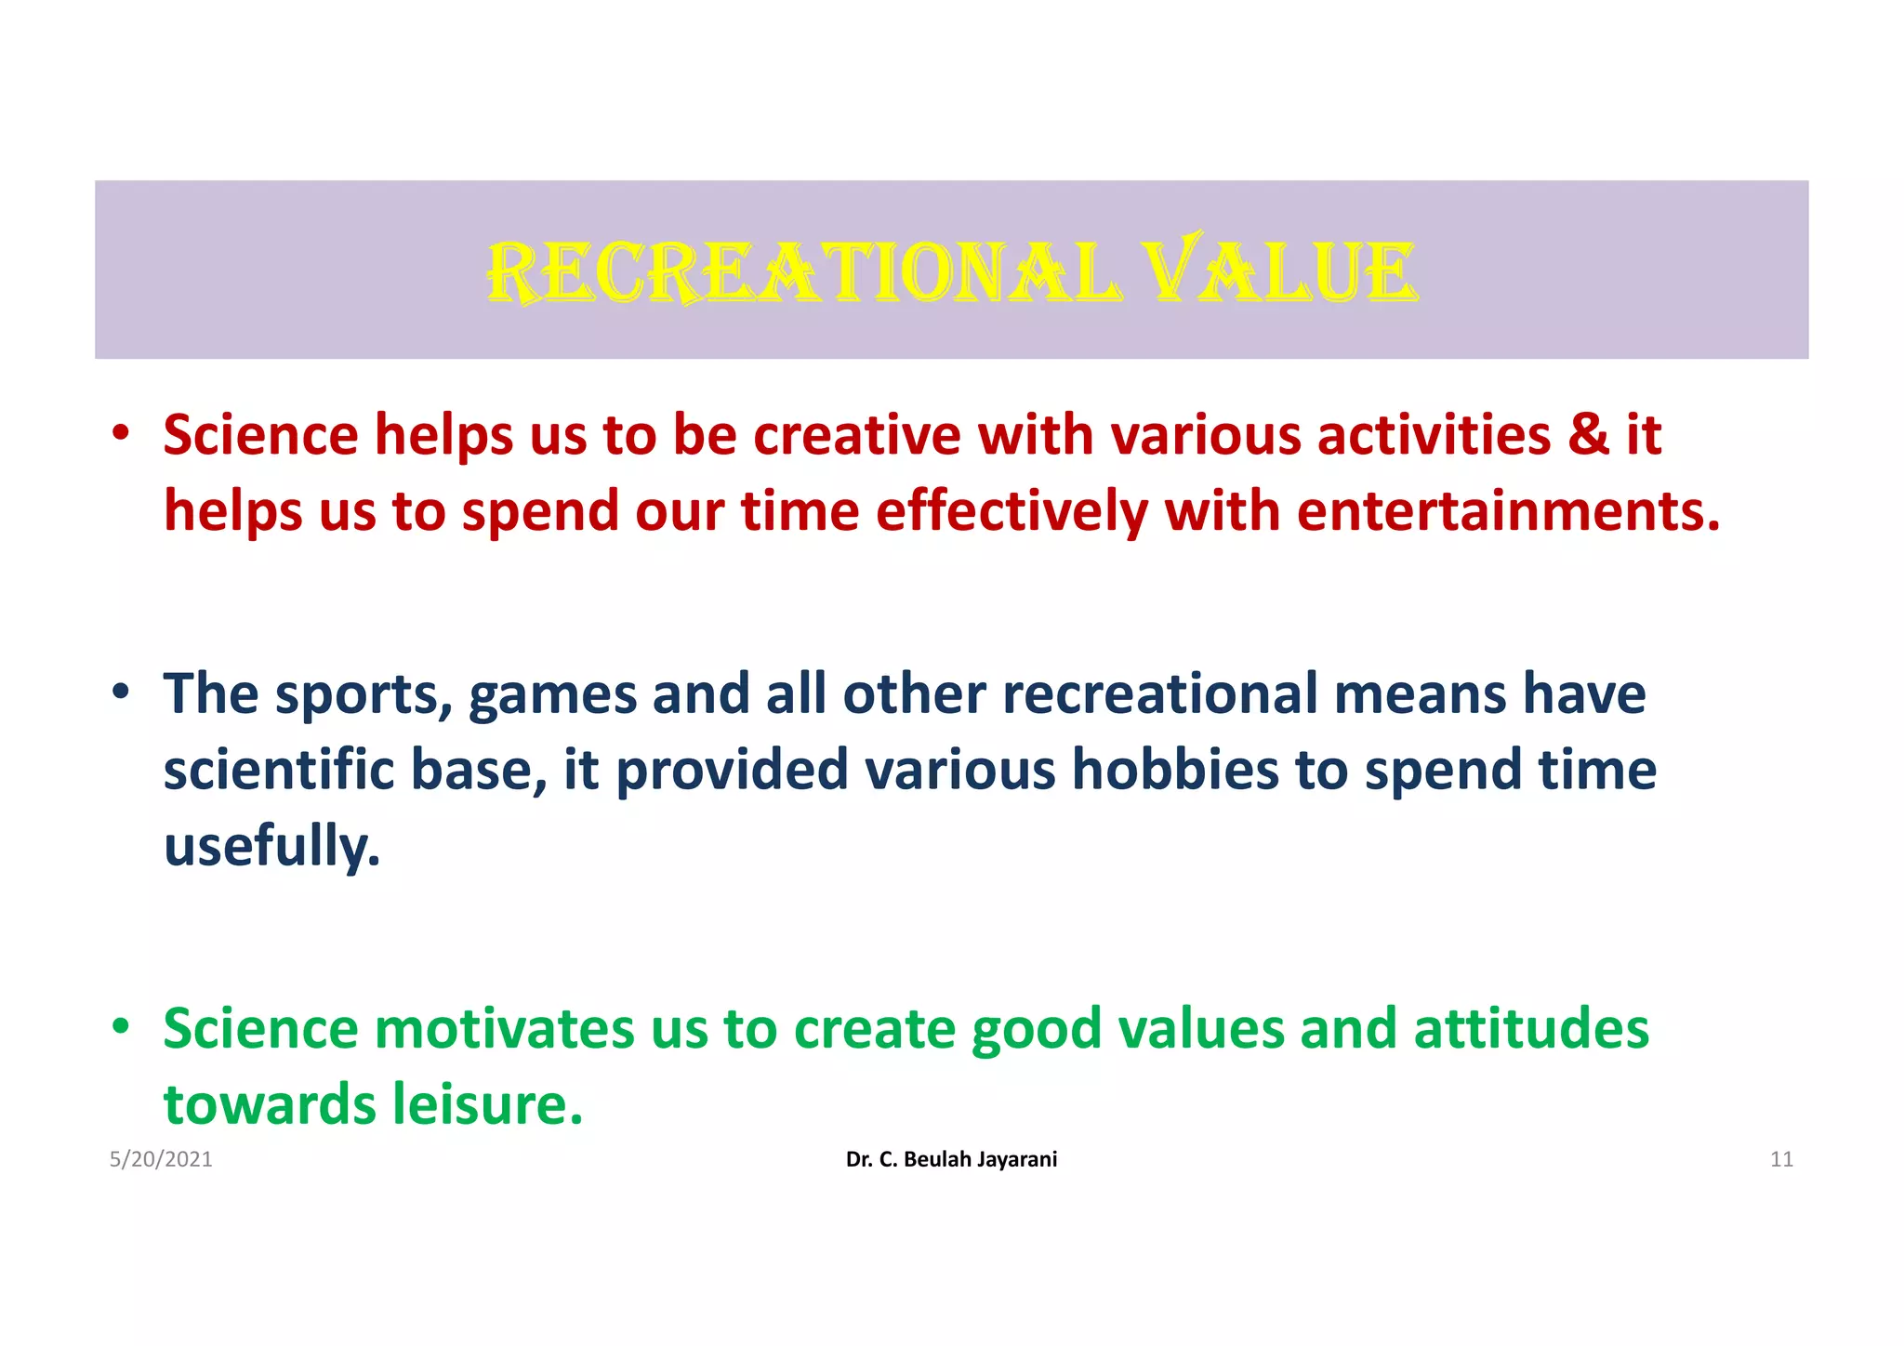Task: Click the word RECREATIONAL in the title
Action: [x=804, y=273]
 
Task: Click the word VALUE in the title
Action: [x=1279, y=273]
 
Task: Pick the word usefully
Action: [x=272, y=847]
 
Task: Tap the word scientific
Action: [x=278, y=771]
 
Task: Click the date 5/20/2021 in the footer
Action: [x=161, y=1159]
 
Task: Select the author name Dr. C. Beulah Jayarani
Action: [x=951, y=1159]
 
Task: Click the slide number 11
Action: [x=1780, y=1159]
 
